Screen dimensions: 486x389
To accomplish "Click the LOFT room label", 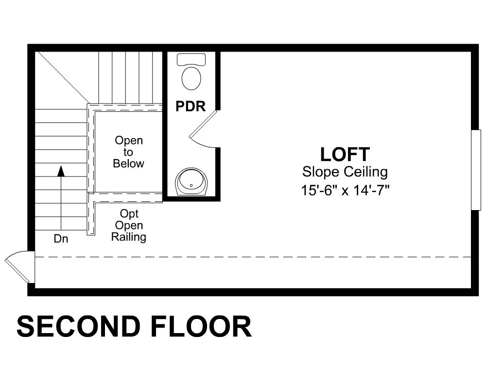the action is (345, 155).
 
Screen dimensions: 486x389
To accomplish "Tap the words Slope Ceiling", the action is (345, 172).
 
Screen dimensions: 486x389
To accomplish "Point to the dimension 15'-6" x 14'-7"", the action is (345, 190).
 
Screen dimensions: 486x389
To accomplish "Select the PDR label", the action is (191, 106).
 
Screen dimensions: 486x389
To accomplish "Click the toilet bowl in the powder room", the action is (191, 78).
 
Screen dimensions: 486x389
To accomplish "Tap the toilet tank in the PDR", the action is (191, 59).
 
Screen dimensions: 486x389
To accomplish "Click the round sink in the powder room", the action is (191, 182).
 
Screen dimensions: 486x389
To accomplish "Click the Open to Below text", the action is (128, 152).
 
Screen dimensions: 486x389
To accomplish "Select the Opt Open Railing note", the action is (129, 226).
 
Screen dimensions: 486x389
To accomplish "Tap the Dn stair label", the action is (61, 239).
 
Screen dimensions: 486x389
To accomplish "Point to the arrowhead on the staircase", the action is (61, 171).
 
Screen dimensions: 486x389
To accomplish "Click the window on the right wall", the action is (476, 170).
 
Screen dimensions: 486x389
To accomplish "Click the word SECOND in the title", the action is (79, 327).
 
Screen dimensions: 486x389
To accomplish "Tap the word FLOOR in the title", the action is (202, 327).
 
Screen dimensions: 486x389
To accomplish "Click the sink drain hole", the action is (191, 185).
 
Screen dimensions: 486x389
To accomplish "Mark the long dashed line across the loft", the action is (253, 257).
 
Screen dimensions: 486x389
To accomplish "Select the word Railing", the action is (129, 237).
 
